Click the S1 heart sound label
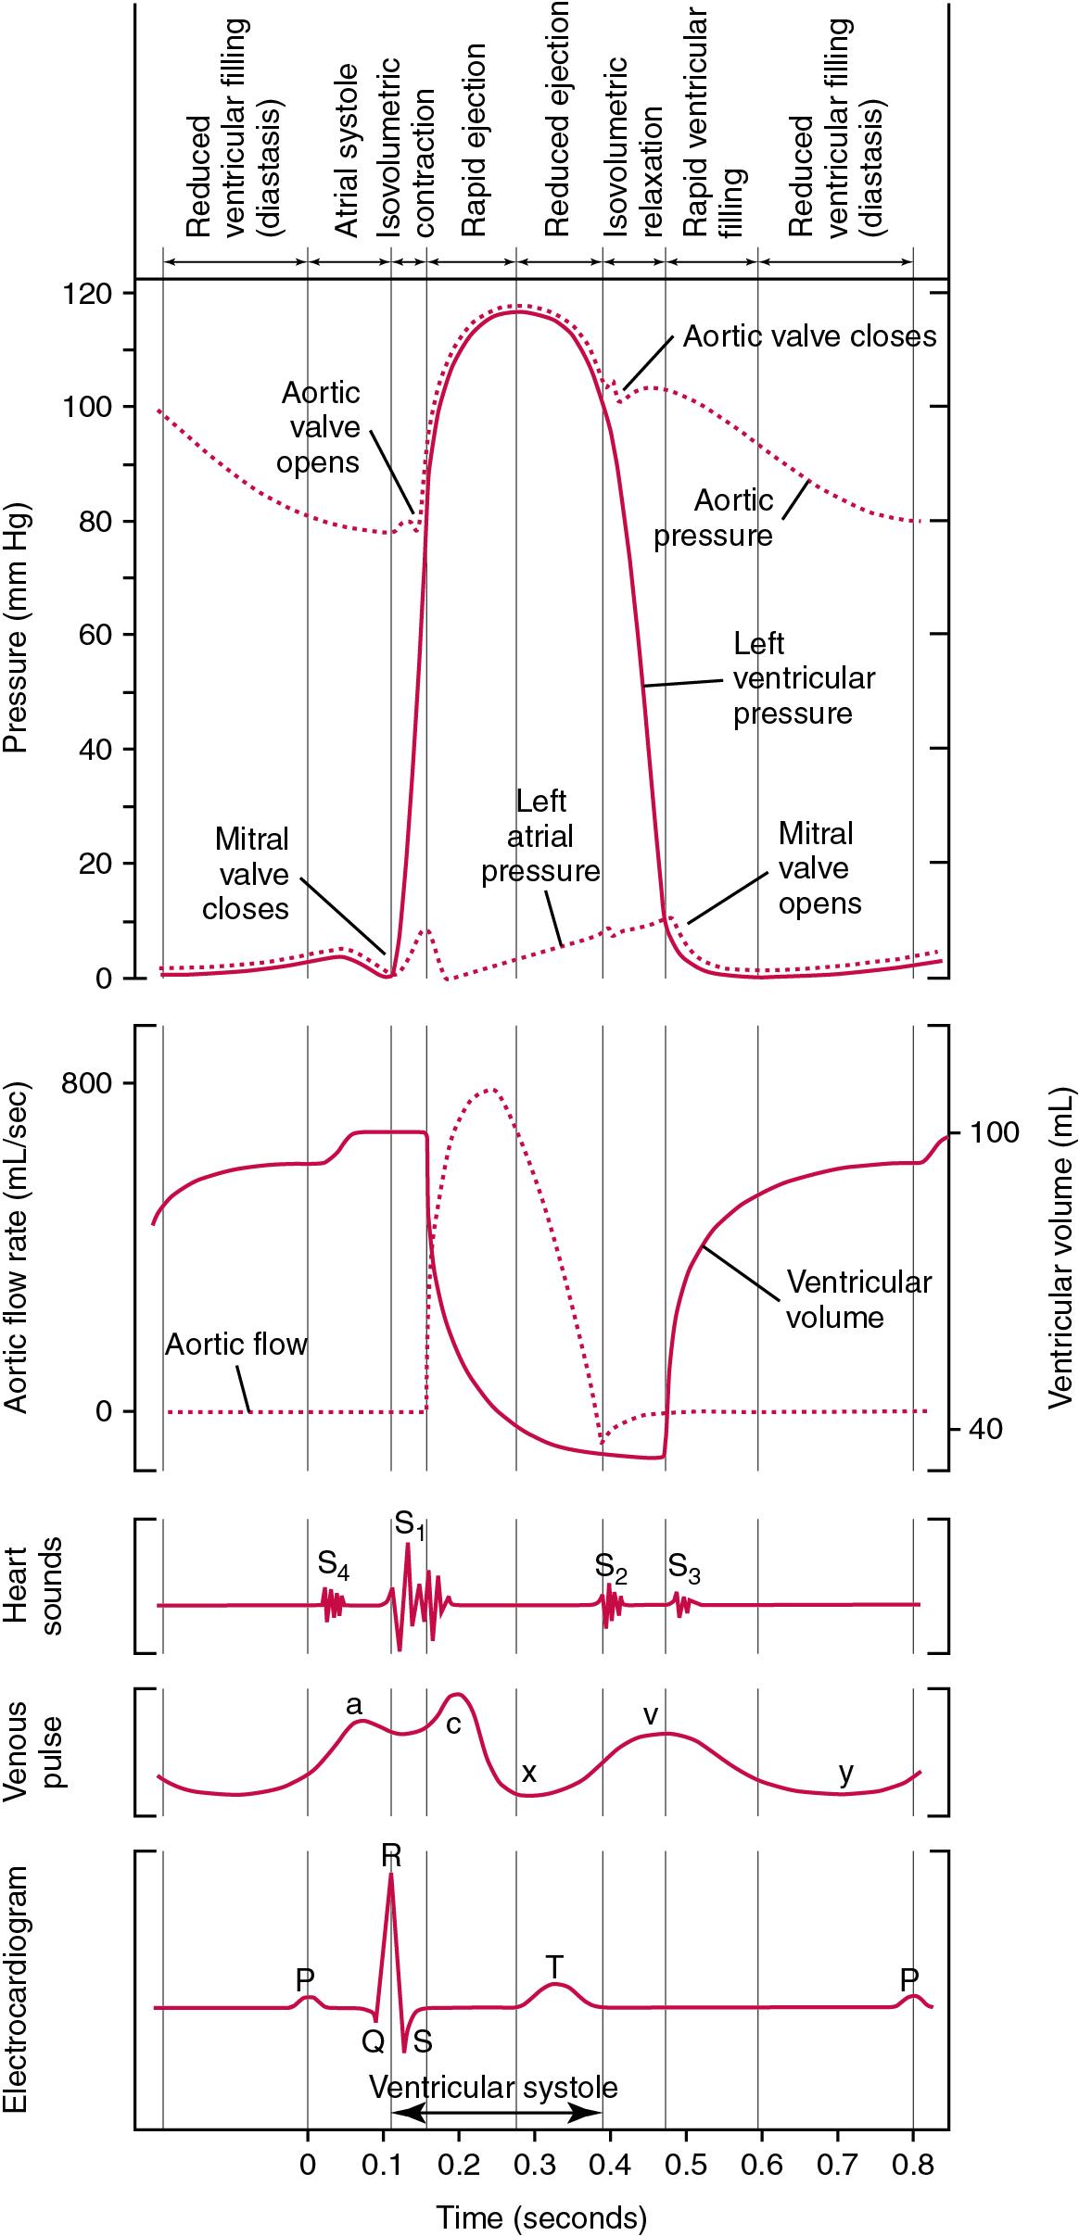pos(409,1525)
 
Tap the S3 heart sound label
pos(683,1567)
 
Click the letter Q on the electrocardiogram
pos(373,2039)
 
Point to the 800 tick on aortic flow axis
pos(85,1082)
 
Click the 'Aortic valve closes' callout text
pos(809,335)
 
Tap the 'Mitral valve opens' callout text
pos(819,868)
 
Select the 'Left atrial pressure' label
pos(540,836)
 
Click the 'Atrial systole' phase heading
pos(346,151)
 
